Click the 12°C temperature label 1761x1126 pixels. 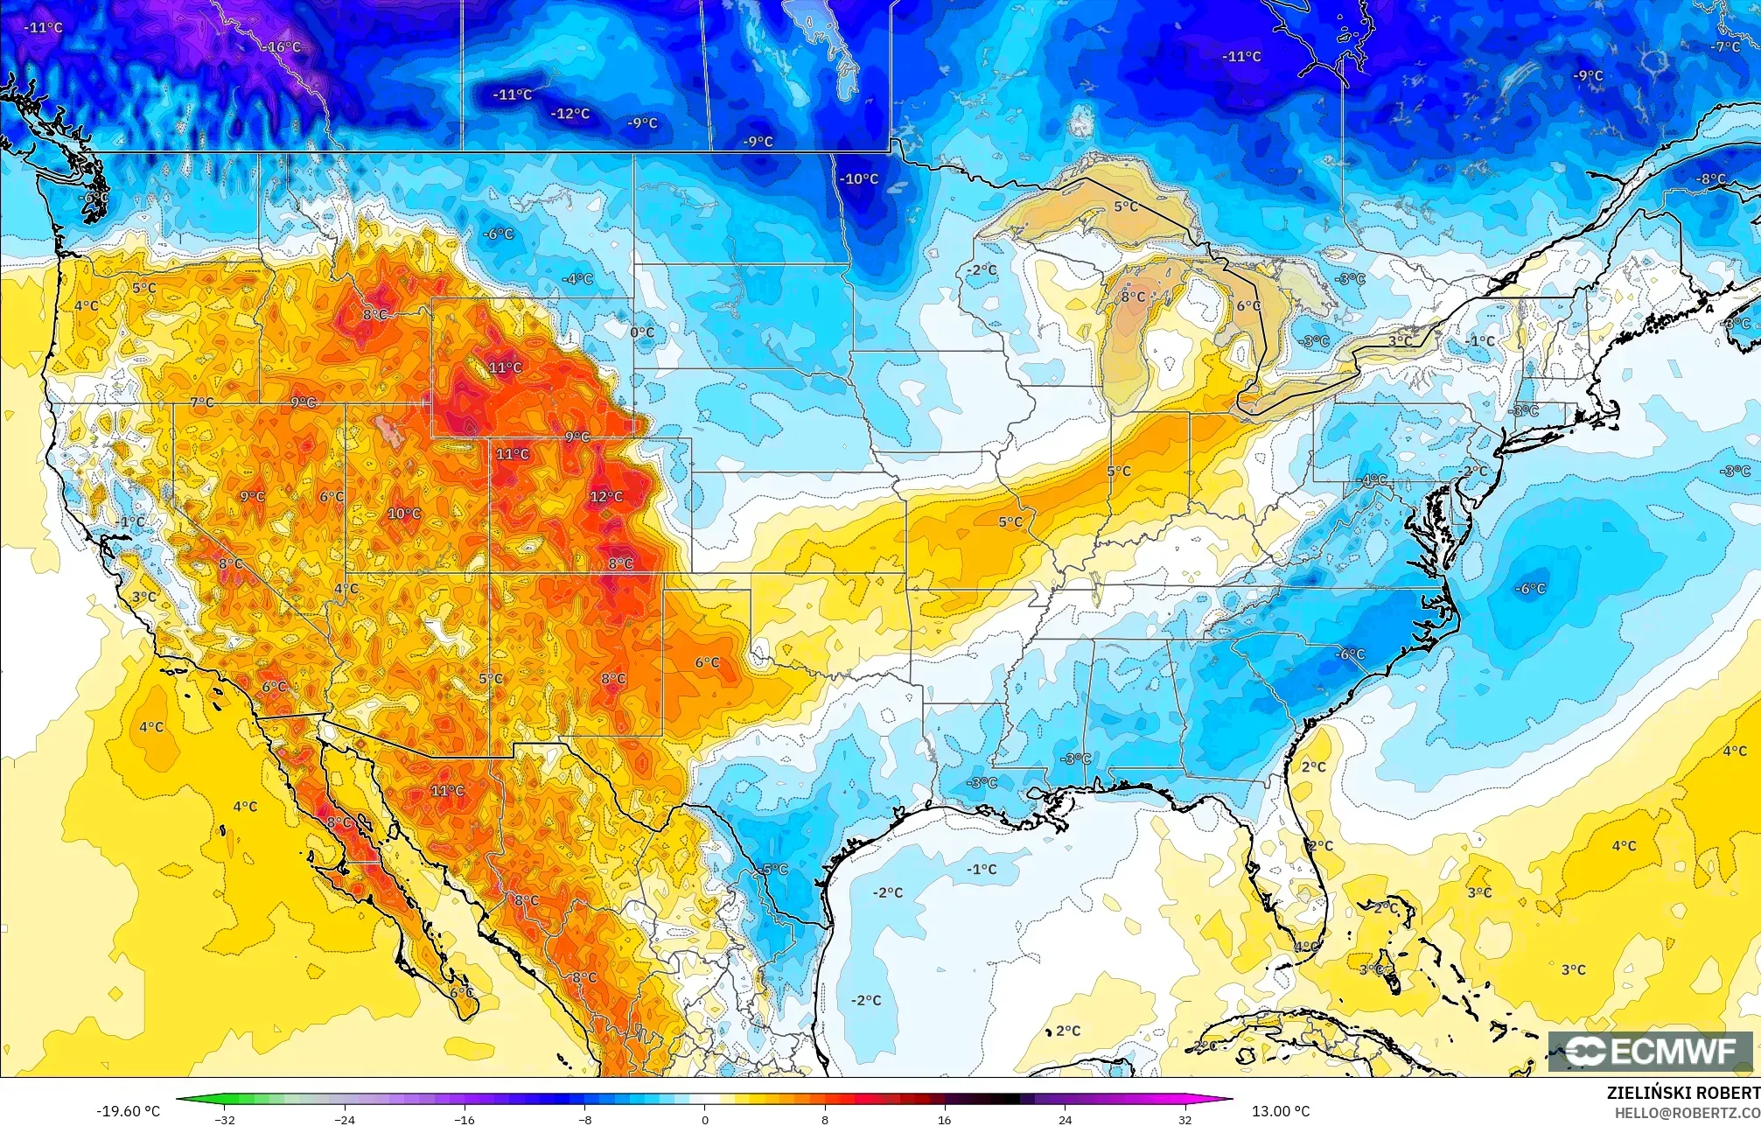tap(606, 497)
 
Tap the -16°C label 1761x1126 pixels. tap(284, 46)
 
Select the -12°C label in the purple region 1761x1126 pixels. tap(570, 114)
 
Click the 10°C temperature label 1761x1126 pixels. tap(404, 514)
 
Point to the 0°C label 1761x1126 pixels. tap(642, 332)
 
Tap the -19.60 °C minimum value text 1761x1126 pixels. tap(129, 1111)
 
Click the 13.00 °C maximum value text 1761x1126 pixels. tap(1281, 1111)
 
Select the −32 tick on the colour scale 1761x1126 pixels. tap(225, 1120)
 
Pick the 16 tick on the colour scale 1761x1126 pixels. tap(945, 1120)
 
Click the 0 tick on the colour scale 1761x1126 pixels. tap(705, 1120)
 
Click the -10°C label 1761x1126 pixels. tap(860, 179)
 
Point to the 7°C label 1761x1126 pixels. tap(202, 402)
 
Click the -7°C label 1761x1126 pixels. tap(1726, 47)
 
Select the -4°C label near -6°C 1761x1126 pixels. tap(577, 279)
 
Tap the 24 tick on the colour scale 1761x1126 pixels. tap(1065, 1120)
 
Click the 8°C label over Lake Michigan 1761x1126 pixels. tap(1133, 297)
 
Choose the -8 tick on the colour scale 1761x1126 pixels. tap(585, 1120)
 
